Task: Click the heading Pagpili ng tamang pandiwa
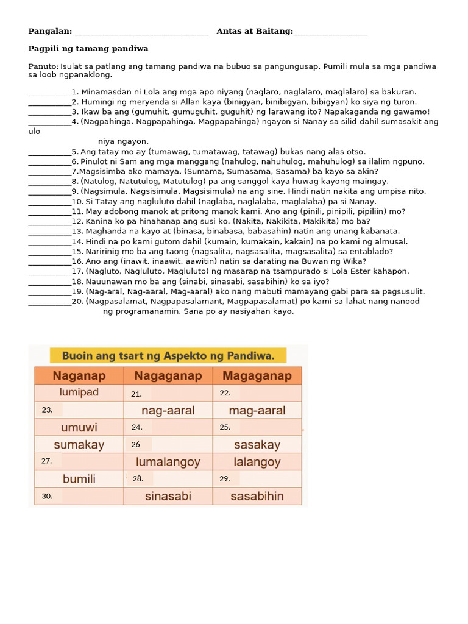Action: pos(88,48)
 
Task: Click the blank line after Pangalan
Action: pos(141,32)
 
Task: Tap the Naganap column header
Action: pos(79,375)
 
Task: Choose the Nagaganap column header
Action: pos(168,375)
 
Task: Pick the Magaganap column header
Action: pos(257,375)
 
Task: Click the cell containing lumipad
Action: pos(79,392)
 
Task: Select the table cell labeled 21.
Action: pos(168,394)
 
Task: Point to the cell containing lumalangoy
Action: pos(168,462)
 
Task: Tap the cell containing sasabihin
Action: pos(257,496)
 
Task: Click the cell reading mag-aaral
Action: pos(257,410)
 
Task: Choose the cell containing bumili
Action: pos(79,478)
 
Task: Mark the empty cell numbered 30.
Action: pos(79,496)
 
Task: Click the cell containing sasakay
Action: pos(257,445)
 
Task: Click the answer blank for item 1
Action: pos(49,93)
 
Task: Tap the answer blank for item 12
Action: pos(49,222)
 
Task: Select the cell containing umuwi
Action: pos(79,427)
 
